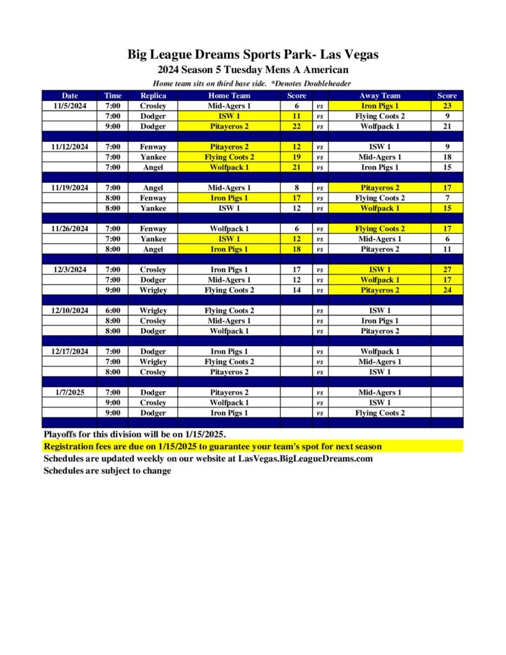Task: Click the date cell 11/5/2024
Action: (70, 106)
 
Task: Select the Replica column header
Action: (153, 96)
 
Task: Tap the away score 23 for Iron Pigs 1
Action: (447, 106)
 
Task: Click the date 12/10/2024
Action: (70, 311)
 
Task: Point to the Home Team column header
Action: (229, 96)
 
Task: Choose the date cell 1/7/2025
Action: (70, 393)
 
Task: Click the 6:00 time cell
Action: (113, 311)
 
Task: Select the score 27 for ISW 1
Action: (447, 270)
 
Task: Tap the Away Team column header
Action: (379, 96)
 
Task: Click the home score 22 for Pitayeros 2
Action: (296, 127)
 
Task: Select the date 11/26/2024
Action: (70, 229)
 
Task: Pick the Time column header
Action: (113, 96)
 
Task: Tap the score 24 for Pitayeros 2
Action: (447, 290)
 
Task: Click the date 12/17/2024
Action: (70, 352)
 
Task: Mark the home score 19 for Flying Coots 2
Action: (296, 157)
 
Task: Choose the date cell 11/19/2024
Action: (70, 188)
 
